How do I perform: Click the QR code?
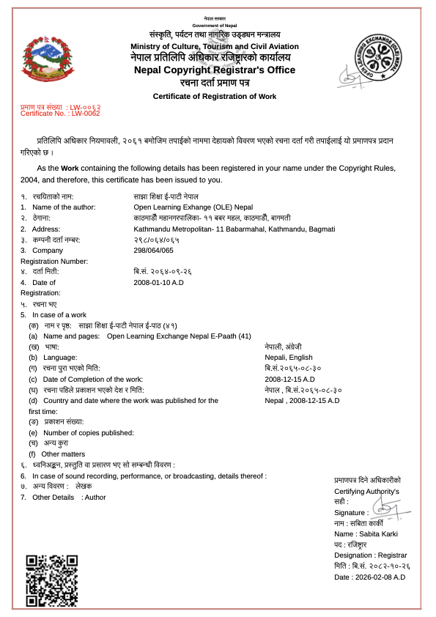(x=52, y=580)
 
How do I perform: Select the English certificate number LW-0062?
(x=60, y=114)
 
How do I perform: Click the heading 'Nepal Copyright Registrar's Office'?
(x=215, y=70)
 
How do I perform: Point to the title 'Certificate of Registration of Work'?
(x=215, y=97)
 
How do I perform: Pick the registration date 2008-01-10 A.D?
(x=158, y=282)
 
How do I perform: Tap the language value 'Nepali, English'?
(x=289, y=358)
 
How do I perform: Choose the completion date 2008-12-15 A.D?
(x=289, y=380)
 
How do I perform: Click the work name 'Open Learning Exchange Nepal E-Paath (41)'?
(x=179, y=336)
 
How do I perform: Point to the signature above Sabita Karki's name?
(x=382, y=507)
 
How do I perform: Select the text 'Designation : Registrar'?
(x=370, y=555)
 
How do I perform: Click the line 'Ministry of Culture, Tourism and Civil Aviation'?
(x=215, y=47)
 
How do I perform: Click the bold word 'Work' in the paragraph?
(x=70, y=168)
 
